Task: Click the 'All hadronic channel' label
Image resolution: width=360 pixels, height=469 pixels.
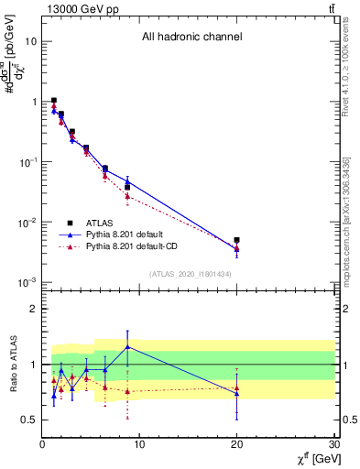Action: click(x=191, y=38)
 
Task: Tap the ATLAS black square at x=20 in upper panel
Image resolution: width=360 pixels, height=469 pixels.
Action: click(x=237, y=240)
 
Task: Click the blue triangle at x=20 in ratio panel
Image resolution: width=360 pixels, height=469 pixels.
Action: click(x=237, y=393)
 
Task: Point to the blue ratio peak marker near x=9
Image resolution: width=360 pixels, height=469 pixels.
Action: click(x=127, y=346)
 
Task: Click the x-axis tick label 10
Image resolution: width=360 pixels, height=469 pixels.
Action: click(x=139, y=444)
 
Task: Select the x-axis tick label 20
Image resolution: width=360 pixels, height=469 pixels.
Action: click(x=237, y=444)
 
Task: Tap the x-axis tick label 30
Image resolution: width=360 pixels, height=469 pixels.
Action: click(x=334, y=444)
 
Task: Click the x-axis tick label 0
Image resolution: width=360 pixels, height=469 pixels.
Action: click(x=42, y=444)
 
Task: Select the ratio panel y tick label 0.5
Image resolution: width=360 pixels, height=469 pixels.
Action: click(x=29, y=420)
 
